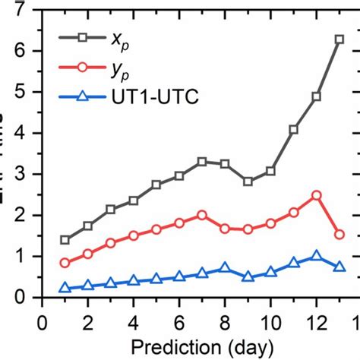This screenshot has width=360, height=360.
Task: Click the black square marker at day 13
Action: tap(339, 39)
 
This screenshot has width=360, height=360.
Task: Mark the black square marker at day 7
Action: tap(202, 162)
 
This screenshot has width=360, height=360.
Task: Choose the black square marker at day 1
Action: tap(65, 239)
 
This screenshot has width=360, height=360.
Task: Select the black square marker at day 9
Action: tap(248, 182)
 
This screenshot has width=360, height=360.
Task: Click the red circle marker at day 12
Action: tap(317, 195)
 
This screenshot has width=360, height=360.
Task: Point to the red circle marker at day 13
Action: tap(339, 235)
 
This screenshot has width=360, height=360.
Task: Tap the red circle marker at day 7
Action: tap(202, 215)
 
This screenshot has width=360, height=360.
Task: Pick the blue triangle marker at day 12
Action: tap(317, 256)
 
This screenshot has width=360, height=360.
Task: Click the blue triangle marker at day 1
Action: tap(65, 288)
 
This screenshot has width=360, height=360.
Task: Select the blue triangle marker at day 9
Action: tap(248, 276)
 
